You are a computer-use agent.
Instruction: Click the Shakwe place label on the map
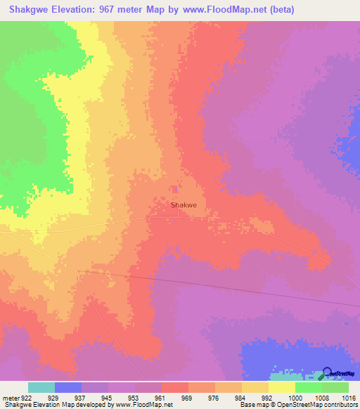click(x=184, y=206)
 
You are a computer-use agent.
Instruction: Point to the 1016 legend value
click(x=349, y=398)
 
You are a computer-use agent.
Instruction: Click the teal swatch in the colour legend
click(x=41, y=387)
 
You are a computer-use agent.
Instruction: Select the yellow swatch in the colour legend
click(x=281, y=387)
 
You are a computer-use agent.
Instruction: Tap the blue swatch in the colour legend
click(x=68, y=387)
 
